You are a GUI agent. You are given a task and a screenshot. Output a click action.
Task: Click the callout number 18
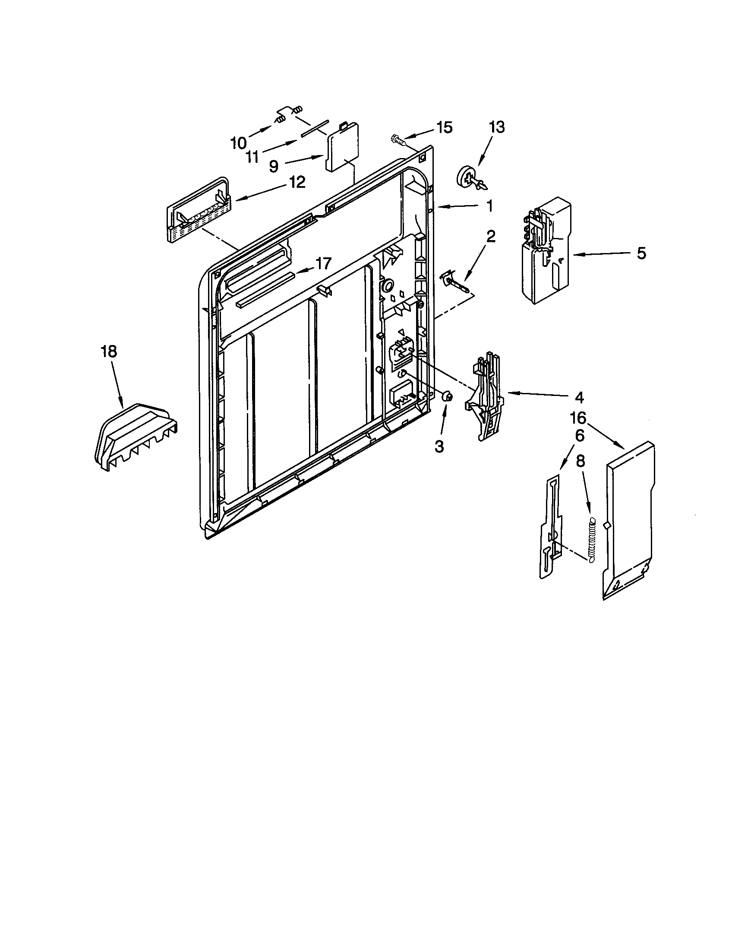109,351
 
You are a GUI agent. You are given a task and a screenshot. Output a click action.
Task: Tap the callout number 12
297,182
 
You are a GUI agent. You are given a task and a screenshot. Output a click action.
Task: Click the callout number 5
641,253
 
